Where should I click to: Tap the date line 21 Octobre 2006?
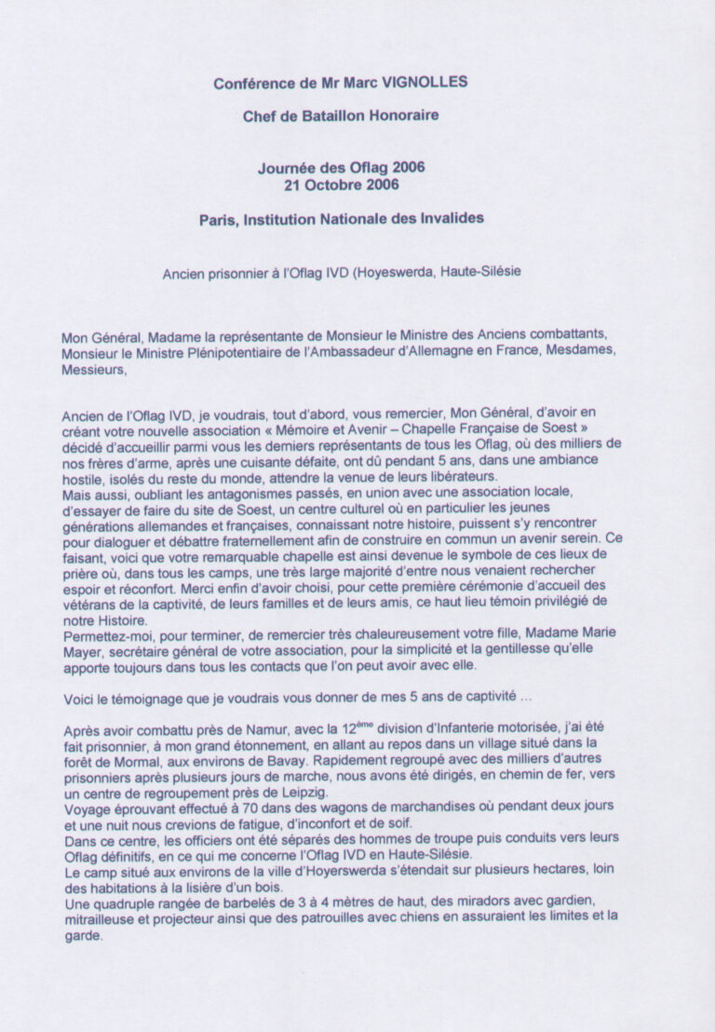[x=342, y=183]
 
